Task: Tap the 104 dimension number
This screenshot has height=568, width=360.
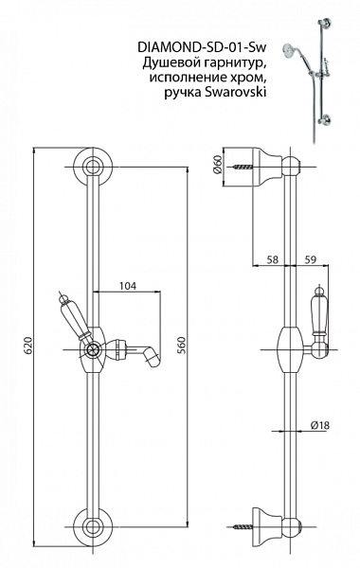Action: [x=128, y=286]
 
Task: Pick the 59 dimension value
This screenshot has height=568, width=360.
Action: [x=310, y=259]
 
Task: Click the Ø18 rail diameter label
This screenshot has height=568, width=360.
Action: [x=320, y=425]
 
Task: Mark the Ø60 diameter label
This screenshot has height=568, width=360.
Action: [x=217, y=165]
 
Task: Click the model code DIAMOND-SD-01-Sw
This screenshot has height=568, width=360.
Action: [x=202, y=47]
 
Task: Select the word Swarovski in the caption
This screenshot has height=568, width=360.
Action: [x=235, y=93]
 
